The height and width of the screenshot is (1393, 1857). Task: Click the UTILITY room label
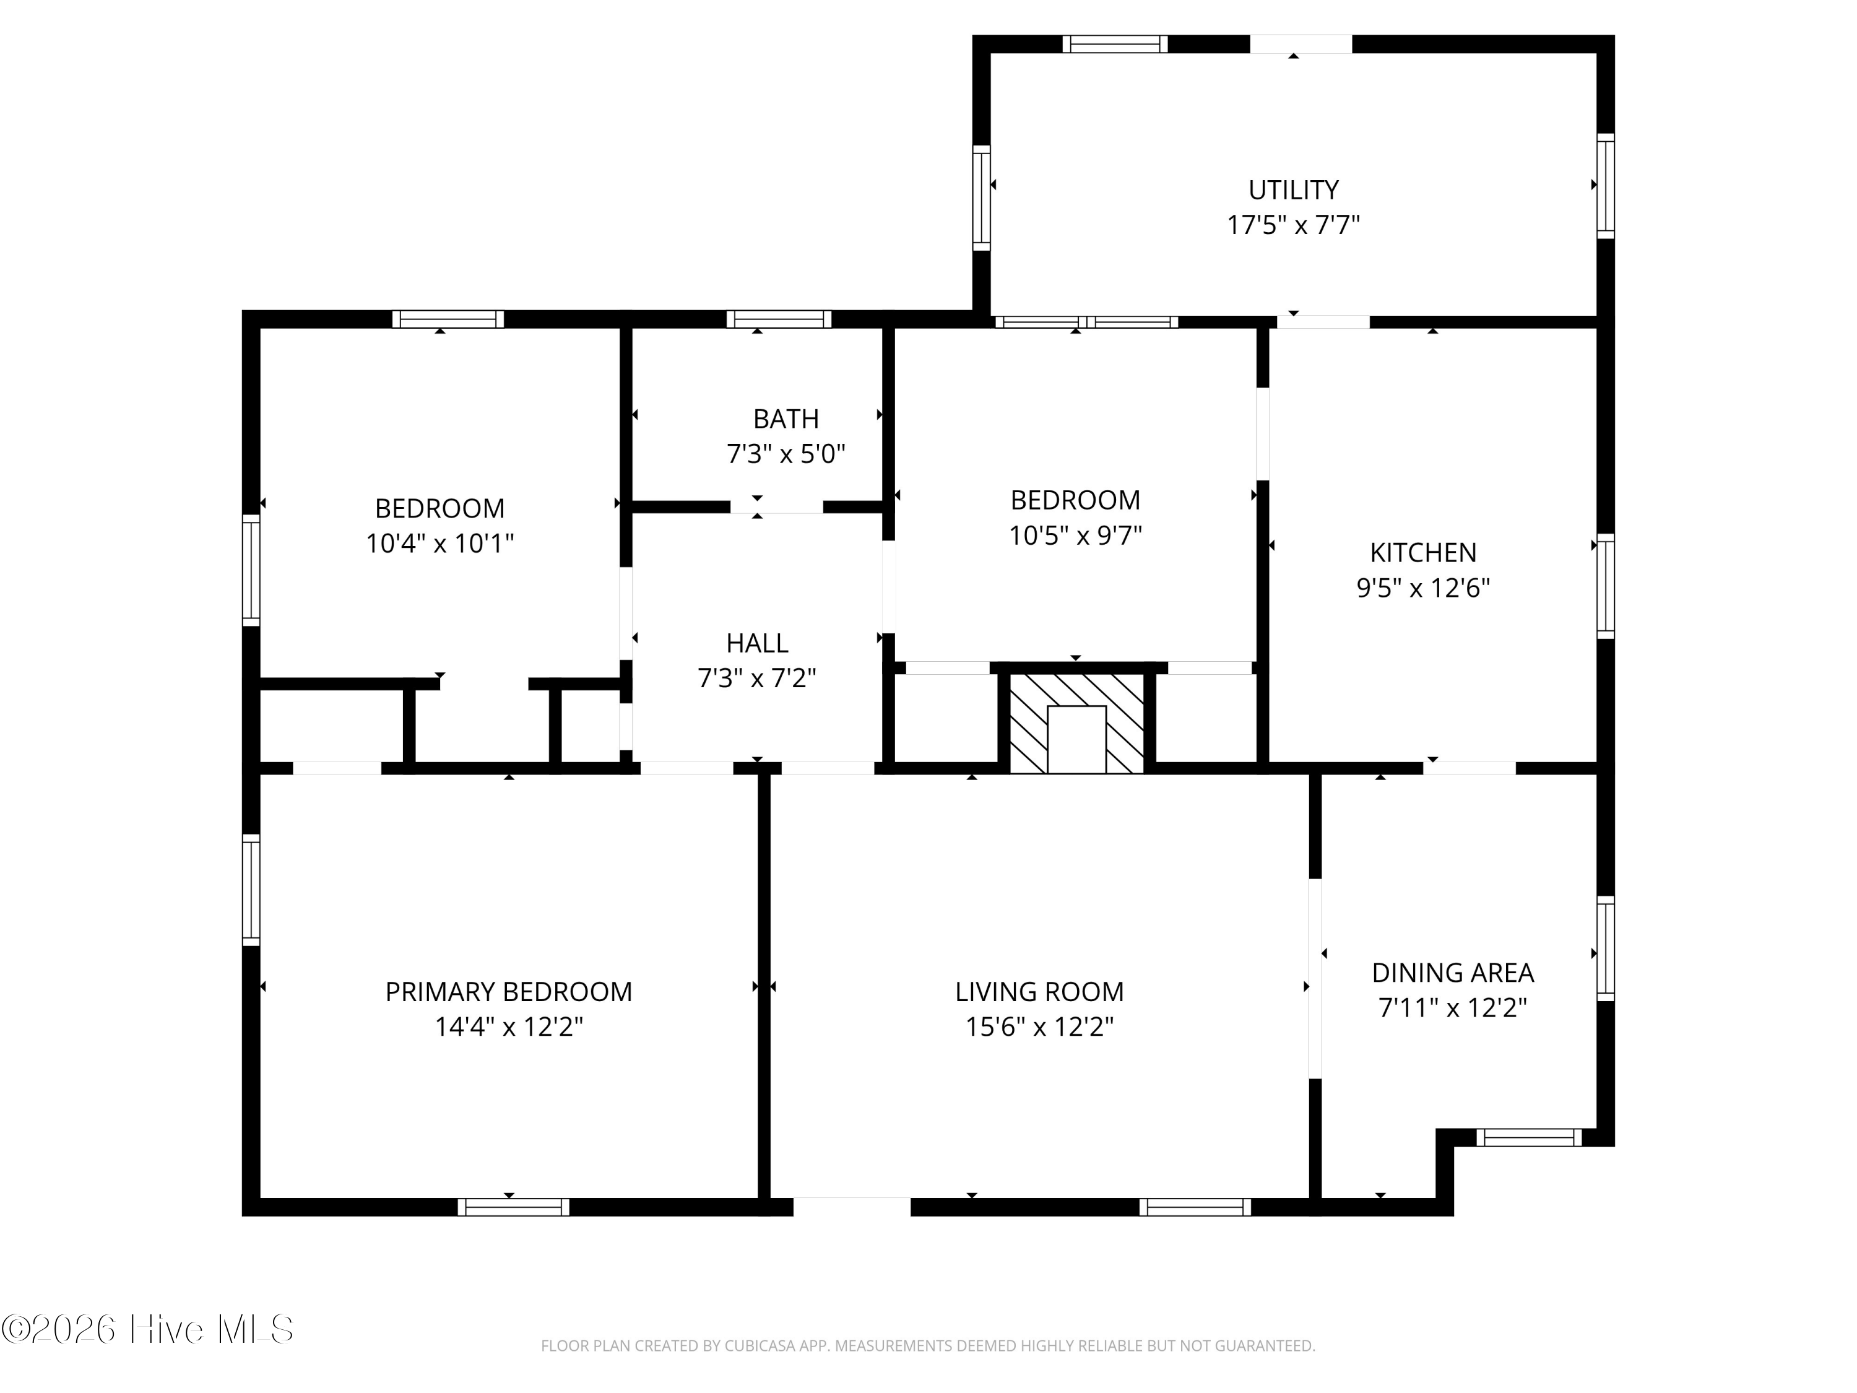pos(1293,191)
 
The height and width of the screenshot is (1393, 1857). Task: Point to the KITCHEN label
pos(1423,552)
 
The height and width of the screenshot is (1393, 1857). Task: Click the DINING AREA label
pos(1452,973)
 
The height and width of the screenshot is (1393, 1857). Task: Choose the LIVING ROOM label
pos(1039,992)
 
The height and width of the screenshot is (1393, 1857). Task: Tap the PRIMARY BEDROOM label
pos(509,992)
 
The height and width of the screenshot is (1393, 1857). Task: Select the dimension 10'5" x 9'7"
pos(1075,536)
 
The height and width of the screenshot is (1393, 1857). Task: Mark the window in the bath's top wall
pos(779,319)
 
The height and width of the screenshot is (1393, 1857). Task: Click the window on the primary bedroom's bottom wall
pos(513,1207)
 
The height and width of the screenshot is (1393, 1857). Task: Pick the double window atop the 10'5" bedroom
pos(1086,321)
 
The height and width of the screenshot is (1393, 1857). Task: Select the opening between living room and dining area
pos(1315,978)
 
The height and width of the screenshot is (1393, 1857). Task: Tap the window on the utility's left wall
pos(980,197)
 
